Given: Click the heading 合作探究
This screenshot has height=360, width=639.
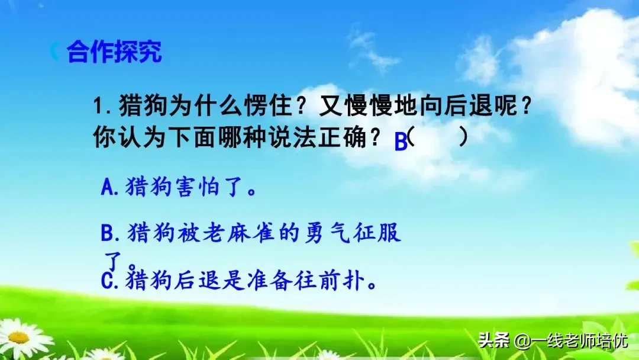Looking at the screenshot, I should coord(114,52).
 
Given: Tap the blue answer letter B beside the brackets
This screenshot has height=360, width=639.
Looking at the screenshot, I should coord(401,143).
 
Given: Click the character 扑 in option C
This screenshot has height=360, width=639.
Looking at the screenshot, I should coord(354,279).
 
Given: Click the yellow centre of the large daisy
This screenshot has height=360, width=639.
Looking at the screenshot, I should coord(18,337).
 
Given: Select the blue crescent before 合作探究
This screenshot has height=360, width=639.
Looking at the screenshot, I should coord(55,52).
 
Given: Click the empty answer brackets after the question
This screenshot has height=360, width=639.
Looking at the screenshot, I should coord(438,137).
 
